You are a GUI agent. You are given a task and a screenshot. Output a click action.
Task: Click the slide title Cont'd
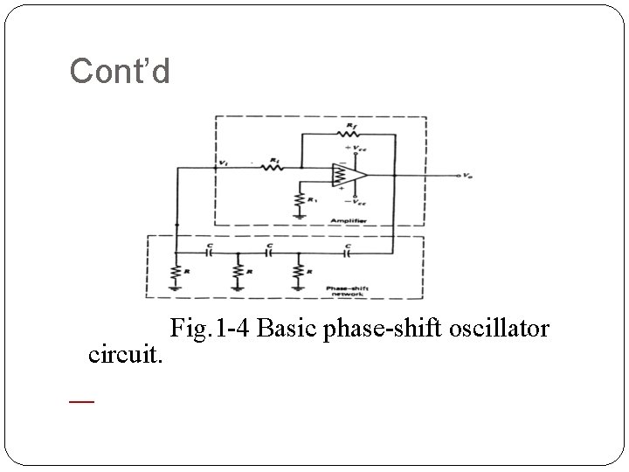click(x=120, y=71)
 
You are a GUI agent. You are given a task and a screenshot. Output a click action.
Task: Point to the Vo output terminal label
click(x=469, y=176)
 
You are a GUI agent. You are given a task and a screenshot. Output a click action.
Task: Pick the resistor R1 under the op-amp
click(x=300, y=204)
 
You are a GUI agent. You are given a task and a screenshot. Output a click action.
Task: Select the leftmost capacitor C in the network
click(x=209, y=252)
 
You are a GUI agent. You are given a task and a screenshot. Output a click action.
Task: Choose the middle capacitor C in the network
click(x=270, y=252)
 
